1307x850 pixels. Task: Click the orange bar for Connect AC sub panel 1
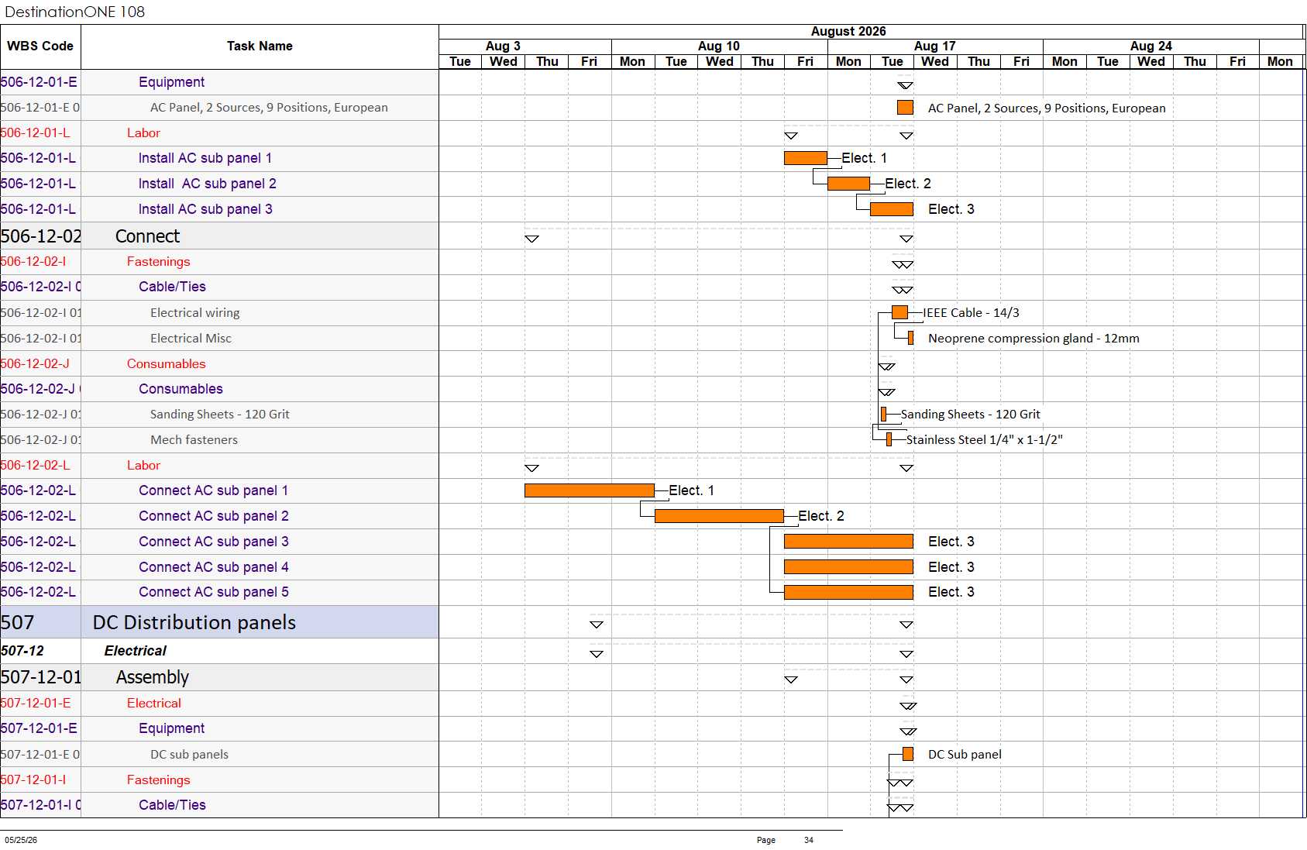(590, 490)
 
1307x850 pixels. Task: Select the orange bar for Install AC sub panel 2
(848, 184)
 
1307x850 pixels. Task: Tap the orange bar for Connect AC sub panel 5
(848, 592)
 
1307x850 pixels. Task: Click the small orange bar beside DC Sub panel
(908, 755)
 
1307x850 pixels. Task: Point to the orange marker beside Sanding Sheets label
(883, 415)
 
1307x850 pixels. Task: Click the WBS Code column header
(40, 46)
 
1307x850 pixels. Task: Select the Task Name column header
(260, 46)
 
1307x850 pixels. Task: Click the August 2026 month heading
(848, 32)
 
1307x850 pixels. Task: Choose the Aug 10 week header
(719, 46)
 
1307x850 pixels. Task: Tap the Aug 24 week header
(1151, 46)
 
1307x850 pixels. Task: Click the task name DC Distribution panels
(194, 622)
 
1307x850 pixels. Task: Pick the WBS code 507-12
(22, 651)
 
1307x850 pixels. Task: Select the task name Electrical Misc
(191, 339)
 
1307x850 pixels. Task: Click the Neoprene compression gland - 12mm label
(1034, 339)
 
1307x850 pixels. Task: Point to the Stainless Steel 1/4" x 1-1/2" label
(985, 440)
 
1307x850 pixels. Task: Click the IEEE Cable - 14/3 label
(971, 313)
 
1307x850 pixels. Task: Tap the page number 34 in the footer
(809, 840)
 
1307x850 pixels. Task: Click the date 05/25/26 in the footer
(21, 840)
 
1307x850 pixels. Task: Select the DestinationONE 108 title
(74, 12)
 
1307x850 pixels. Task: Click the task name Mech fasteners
(194, 440)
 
